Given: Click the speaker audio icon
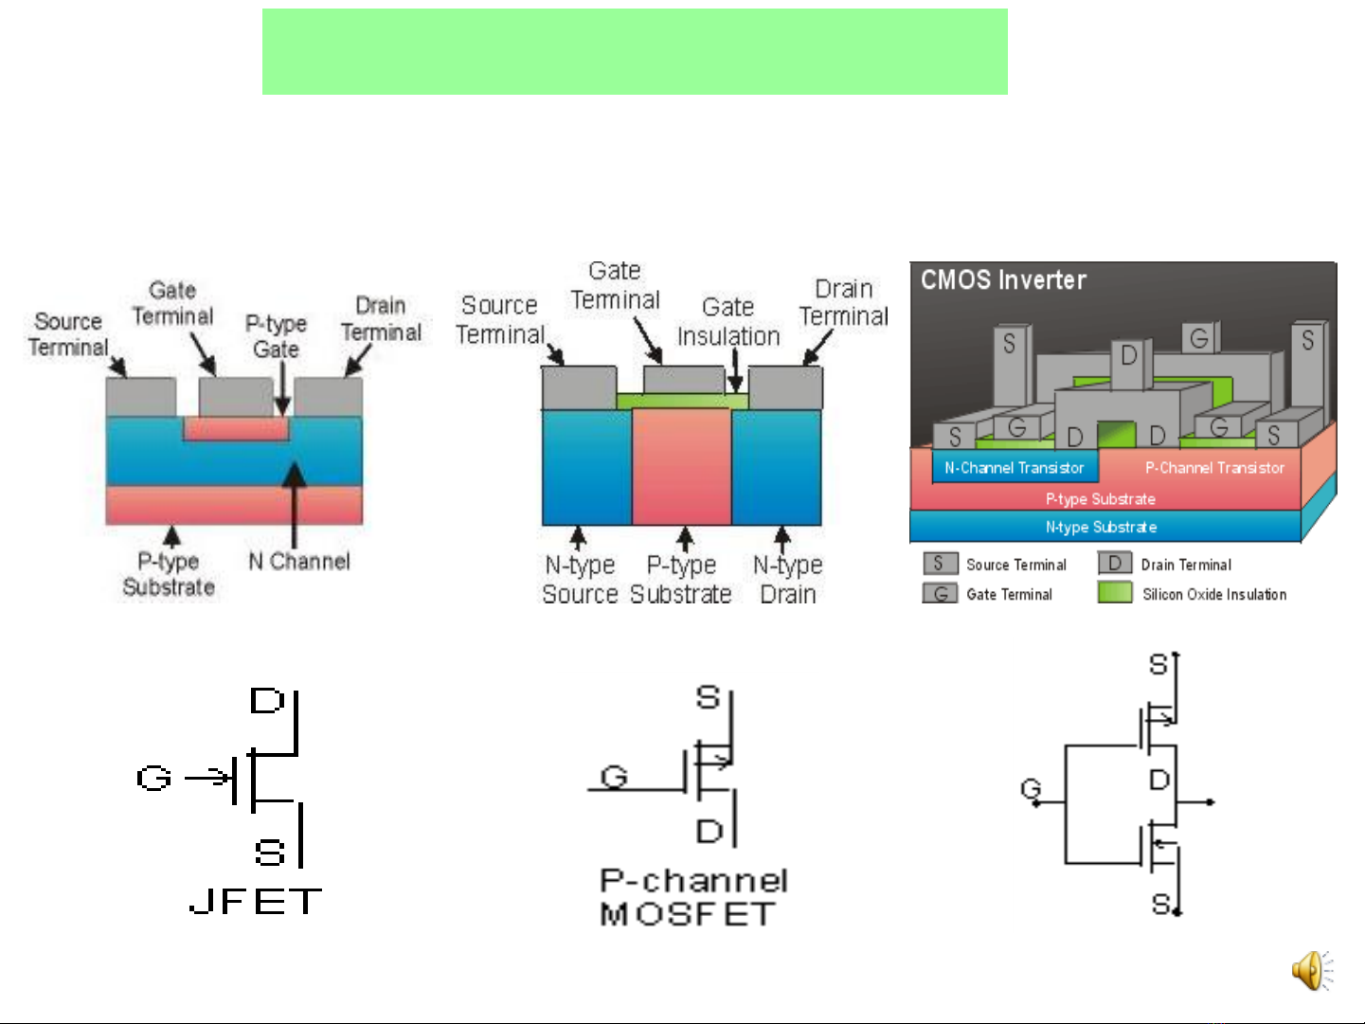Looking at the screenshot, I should tap(1311, 970).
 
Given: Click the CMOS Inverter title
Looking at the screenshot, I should tap(1003, 280).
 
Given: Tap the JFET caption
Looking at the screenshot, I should tap(256, 901).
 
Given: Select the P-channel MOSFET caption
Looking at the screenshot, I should tap(692, 897).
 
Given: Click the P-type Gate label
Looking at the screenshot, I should tap(276, 336).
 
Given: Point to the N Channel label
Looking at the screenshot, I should tap(299, 562).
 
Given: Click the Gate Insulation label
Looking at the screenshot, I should tap(728, 322).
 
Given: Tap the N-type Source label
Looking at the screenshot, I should tap(580, 580).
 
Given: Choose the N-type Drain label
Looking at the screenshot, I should tap(787, 580).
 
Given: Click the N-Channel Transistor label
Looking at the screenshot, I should tap(1014, 468).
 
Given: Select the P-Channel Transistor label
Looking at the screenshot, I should tap(1214, 468).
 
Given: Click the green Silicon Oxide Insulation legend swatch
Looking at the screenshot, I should tap(1115, 593).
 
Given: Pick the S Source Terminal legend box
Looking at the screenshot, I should tap(939, 565).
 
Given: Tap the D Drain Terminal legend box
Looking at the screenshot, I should tap(1115, 565).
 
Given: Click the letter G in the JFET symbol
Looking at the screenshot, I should tap(153, 779).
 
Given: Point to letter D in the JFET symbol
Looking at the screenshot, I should tap(266, 701).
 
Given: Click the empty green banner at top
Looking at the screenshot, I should tap(635, 52).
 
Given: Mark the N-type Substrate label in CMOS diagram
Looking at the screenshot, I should tap(1101, 527).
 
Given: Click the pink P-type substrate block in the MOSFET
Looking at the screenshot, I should tap(681, 466).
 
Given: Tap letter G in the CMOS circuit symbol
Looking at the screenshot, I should tap(1030, 788).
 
